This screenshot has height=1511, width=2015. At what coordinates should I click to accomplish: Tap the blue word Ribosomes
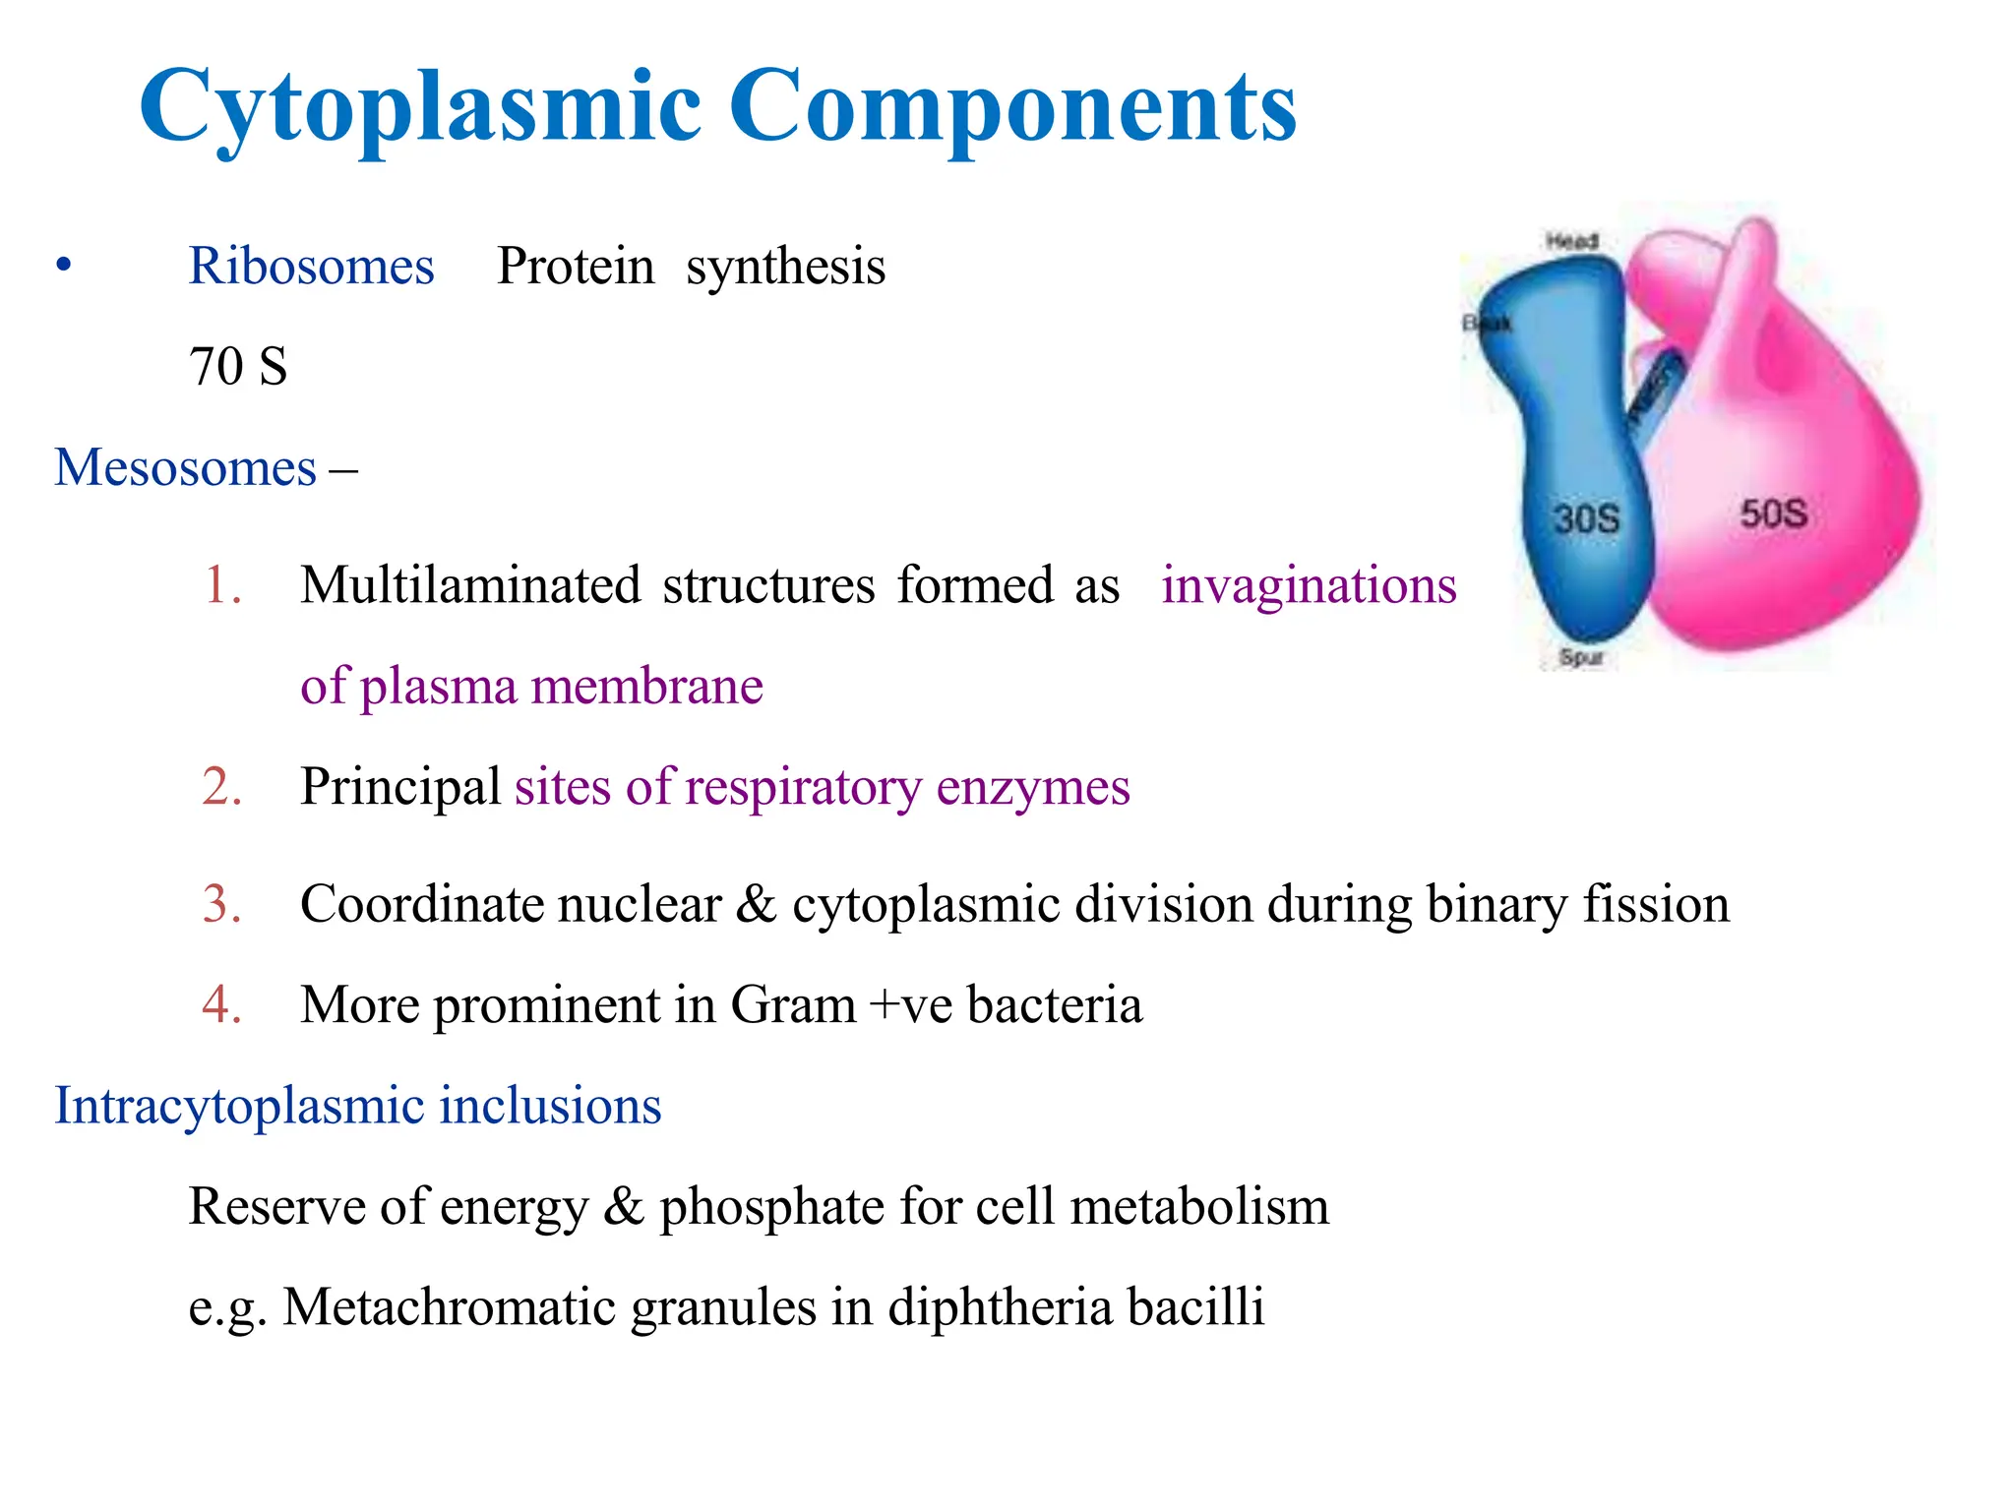(x=311, y=266)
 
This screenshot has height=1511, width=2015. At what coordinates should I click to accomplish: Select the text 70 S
(x=238, y=366)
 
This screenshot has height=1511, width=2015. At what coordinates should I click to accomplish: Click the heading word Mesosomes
(x=185, y=467)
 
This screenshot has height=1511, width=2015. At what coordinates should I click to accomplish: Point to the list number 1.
(x=222, y=585)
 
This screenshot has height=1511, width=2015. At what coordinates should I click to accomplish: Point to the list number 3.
(x=222, y=904)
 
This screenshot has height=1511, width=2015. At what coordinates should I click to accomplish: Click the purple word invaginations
(x=1308, y=585)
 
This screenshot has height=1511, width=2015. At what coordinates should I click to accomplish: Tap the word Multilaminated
(x=470, y=585)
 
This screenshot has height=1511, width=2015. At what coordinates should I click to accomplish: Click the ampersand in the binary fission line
(x=756, y=904)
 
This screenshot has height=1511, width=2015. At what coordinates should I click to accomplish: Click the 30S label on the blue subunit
(x=1586, y=518)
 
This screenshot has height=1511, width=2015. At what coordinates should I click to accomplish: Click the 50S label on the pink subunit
(x=1773, y=514)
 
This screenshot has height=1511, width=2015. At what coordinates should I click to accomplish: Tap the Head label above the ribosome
(x=1571, y=241)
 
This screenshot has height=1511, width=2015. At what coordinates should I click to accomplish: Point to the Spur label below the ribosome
(x=1581, y=657)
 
